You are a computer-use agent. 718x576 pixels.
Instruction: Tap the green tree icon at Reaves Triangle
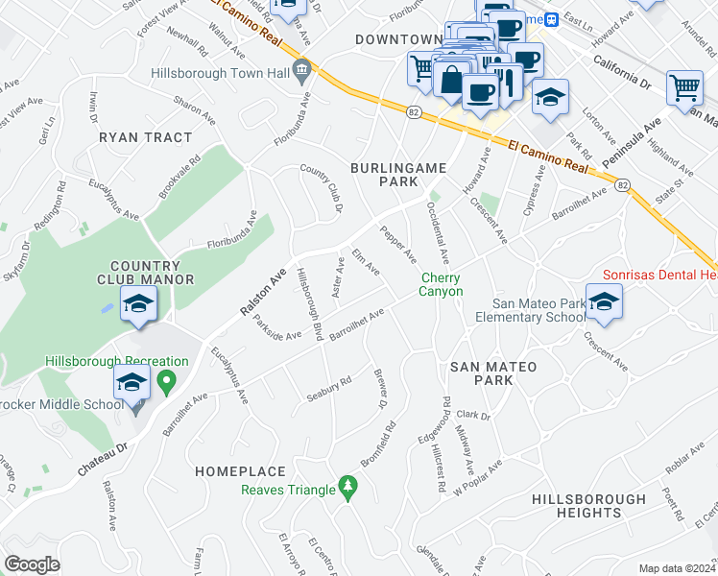(347, 490)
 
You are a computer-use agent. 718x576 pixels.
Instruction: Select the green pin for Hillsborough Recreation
(165, 383)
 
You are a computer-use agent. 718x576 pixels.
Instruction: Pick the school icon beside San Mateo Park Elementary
(604, 303)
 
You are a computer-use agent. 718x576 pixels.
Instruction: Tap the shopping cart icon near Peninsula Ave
(684, 87)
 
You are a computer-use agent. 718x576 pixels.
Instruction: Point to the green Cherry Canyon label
(442, 285)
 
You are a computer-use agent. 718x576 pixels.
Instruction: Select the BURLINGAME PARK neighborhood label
(398, 174)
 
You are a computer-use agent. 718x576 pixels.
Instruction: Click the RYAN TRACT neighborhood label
(145, 137)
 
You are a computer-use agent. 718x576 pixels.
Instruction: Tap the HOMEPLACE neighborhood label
(240, 471)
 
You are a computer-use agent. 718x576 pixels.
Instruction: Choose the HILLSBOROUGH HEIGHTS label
(588, 506)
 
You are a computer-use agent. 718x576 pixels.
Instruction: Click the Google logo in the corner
(32, 564)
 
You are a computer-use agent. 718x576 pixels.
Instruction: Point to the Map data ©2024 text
(677, 568)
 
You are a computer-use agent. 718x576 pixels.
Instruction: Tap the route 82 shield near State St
(623, 184)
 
